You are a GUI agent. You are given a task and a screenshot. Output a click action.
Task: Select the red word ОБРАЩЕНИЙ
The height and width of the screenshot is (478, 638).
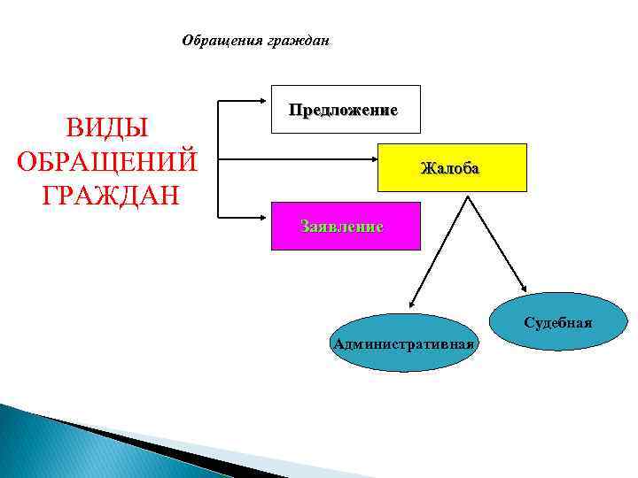(x=106, y=162)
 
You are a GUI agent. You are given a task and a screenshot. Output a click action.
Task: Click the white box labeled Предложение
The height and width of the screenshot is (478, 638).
(x=346, y=110)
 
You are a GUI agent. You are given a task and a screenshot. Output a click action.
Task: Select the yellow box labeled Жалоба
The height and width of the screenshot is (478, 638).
(x=452, y=167)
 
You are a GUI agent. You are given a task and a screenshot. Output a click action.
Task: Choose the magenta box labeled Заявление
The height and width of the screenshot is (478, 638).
(x=341, y=226)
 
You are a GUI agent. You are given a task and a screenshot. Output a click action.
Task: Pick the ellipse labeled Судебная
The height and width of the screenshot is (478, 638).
(x=557, y=320)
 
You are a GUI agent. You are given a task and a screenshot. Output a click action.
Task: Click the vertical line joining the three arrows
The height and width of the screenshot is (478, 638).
(x=218, y=160)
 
